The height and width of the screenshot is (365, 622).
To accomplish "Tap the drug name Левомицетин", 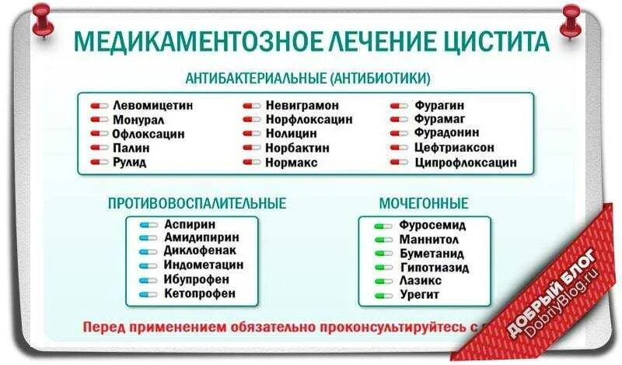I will point(152,104).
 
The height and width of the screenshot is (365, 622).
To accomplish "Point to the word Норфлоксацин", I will point(308,119).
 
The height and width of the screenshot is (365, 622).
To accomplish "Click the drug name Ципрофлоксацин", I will point(466,163).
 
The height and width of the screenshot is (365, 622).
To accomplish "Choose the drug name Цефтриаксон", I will point(454,148).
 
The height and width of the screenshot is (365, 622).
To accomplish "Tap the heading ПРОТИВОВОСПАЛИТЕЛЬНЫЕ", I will point(197,203).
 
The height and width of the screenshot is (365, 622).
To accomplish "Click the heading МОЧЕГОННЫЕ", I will point(424,203).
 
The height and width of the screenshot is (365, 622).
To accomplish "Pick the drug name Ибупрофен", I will point(196,279).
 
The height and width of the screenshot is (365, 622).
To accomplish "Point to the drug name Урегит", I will point(420,294).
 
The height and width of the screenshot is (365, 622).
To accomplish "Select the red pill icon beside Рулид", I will point(99,163).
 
